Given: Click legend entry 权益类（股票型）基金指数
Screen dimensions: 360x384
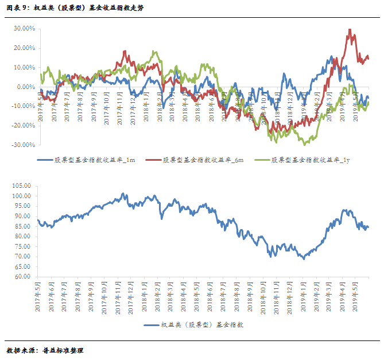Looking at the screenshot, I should pyautogui.click(x=193, y=325).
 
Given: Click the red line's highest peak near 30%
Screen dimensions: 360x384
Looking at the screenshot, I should pyautogui.click(x=350, y=30).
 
